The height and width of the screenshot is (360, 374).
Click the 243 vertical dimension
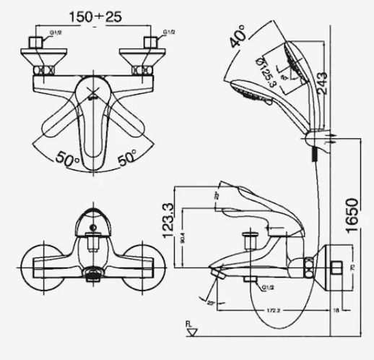(321, 80)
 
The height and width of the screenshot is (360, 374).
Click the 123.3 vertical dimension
(168, 221)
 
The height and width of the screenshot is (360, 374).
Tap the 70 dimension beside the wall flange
(352, 267)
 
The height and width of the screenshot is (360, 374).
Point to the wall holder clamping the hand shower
(316, 139)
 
